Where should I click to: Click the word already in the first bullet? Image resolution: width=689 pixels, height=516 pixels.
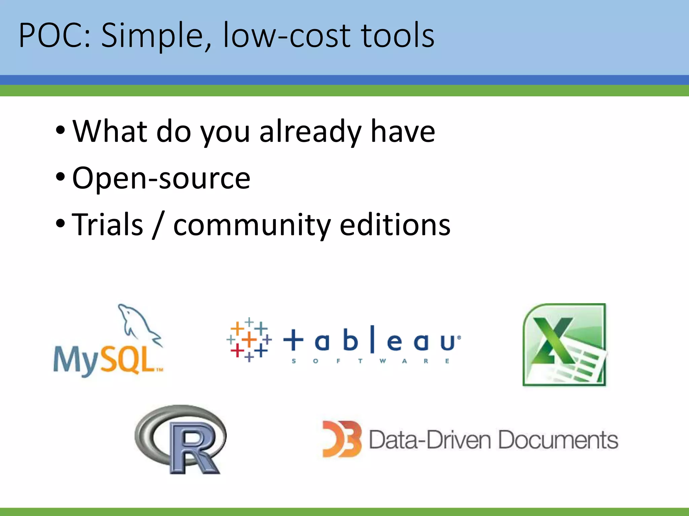[310, 132]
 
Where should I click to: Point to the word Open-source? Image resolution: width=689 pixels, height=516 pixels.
[161, 178]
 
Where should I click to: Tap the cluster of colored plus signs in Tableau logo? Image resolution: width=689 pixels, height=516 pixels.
[249, 339]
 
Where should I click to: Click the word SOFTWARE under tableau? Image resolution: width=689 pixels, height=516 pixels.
[370, 361]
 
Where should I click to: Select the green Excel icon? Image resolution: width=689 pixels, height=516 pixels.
[565, 345]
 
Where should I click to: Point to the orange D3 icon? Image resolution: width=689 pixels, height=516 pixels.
[341, 439]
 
